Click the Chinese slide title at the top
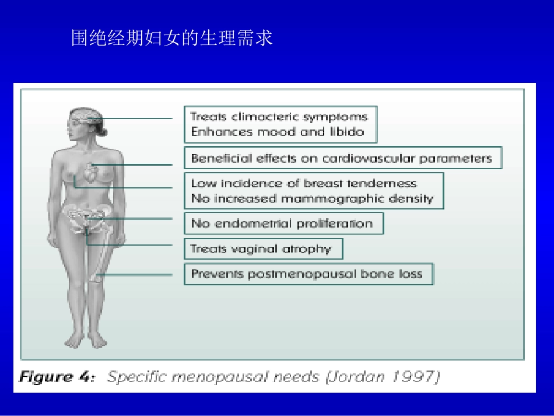tap(171, 39)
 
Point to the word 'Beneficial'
tap(214, 158)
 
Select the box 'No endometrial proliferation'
tap(283, 223)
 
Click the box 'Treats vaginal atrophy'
tap(262, 249)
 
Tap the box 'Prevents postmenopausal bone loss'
tap(308, 274)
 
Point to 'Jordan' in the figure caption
tap(355, 377)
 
